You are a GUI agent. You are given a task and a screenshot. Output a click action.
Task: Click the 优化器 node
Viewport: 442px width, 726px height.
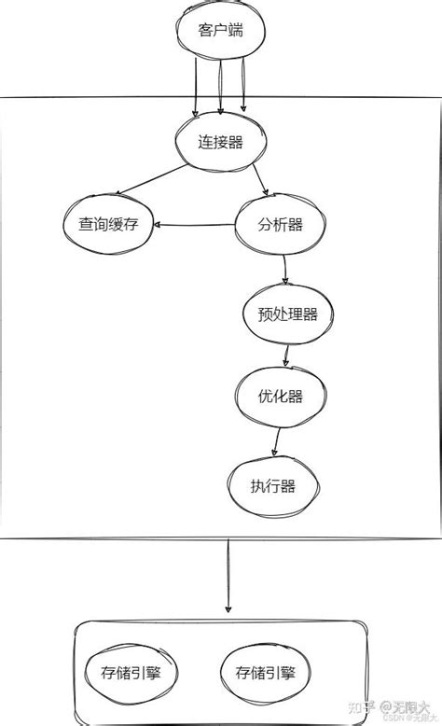(281, 396)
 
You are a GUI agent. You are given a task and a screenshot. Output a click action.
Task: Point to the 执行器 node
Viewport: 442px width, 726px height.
(272, 486)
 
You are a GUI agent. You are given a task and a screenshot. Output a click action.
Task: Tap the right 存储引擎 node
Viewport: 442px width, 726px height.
(266, 672)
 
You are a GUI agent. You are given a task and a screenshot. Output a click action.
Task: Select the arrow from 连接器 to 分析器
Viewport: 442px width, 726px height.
(260, 179)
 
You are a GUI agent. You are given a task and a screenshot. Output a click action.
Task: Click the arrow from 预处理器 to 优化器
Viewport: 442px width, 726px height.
(286, 354)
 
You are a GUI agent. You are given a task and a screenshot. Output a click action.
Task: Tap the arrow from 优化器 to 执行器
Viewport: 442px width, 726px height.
(276, 440)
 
